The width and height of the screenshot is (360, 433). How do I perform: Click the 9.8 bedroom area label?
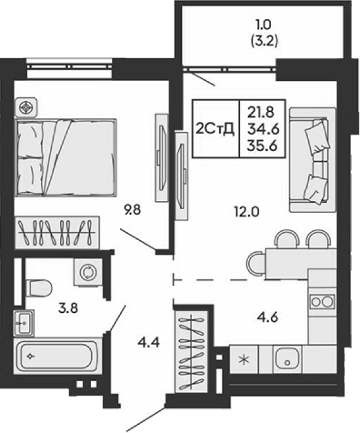pyautogui.click(x=133, y=210)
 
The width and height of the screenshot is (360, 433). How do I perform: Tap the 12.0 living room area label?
pyautogui.click(x=246, y=212)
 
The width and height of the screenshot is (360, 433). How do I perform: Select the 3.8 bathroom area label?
pyautogui.click(x=68, y=308)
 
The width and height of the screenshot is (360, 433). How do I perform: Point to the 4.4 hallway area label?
pyautogui.click(x=148, y=343)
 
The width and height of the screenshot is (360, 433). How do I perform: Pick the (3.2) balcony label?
pyautogui.click(x=264, y=41)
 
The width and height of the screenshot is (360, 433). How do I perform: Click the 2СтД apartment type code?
pyautogui.click(x=215, y=129)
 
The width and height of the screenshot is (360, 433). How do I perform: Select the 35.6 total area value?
pyautogui.click(x=262, y=146)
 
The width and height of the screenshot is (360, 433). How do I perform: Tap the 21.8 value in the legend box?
pyautogui.click(x=261, y=113)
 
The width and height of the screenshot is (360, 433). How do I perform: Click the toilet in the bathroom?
pyautogui.click(x=39, y=289)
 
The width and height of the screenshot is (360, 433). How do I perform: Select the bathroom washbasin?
pyautogui.click(x=24, y=323)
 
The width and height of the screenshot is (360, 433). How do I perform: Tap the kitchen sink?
pyautogui.click(x=287, y=359)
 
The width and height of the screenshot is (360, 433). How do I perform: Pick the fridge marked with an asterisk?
pyautogui.click(x=244, y=359)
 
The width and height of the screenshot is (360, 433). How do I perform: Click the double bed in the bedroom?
pyautogui.click(x=66, y=157)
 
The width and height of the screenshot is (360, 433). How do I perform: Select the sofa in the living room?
pyautogui.click(x=313, y=160)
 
